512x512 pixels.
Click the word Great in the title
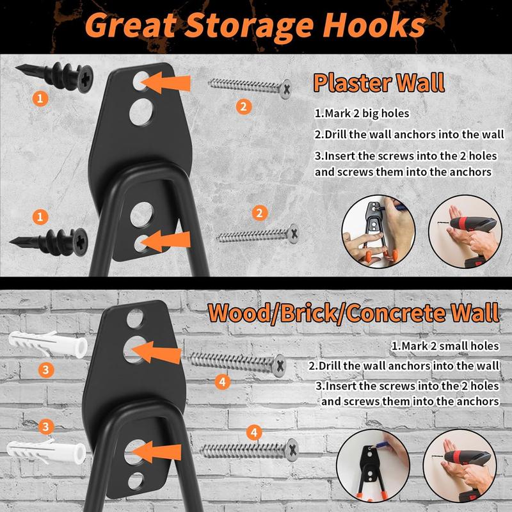(131, 26)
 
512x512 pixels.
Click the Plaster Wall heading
(379, 83)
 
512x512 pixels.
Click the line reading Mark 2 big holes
(362, 113)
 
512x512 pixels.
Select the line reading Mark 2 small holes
(445, 346)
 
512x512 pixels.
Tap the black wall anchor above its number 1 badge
(54, 77)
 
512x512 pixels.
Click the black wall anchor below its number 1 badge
(49, 243)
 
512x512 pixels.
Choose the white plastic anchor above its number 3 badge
(47, 344)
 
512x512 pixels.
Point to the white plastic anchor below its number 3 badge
(46, 452)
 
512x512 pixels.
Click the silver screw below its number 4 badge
(250, 451)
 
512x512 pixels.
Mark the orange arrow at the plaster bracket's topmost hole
(166, 83)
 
